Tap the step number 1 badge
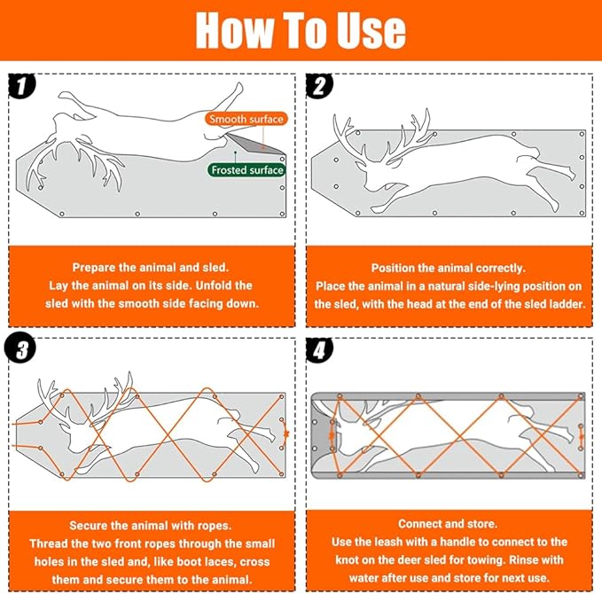pos(21,86)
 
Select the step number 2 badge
pos(319,86)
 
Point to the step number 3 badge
pos(20,349)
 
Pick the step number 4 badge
pos(319,350)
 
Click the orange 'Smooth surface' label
pos(246,119)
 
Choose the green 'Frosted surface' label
pos(247,169)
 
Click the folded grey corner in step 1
pos(256,143)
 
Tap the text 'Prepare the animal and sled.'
pos(150,267)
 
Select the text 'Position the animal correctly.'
pos(448,268)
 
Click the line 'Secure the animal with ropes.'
pos(150,525)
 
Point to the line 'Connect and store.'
pos(448,524)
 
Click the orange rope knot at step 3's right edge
pos(285,434)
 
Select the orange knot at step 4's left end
pos(332,435)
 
